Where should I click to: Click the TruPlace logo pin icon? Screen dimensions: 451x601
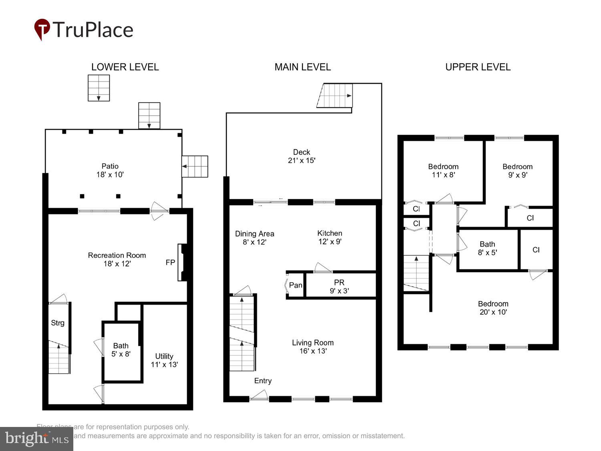click(42, 29)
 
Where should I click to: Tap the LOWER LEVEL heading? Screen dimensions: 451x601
click(125, 67)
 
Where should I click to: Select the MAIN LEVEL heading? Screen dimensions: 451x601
click(303, 67)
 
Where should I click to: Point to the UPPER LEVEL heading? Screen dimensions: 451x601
click(478, 67)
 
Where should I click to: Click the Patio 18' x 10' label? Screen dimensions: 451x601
click(110, 170)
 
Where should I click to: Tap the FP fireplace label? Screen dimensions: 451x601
click(170, 263)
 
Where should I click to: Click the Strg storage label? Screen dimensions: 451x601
click(58, 323)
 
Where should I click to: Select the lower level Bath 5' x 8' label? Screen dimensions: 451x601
click(121, 350)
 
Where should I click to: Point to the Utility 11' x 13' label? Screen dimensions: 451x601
click(164, 360)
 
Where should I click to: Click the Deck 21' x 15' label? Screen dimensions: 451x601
click(302, 156)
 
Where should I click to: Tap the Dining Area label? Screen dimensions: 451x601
click(254, 238)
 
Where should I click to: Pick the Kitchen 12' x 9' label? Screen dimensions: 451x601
click(330, 237)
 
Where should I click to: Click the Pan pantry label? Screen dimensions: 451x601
click(296, 285)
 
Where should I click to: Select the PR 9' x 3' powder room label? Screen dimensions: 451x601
click(339, 287)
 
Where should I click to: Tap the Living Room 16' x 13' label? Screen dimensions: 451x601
click(313, 347)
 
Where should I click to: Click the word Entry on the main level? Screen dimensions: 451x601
click(263, 381)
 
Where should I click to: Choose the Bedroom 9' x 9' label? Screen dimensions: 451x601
click(518, 171)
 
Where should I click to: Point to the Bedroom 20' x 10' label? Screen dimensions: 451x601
click(493, 308)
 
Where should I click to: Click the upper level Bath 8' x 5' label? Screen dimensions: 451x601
click(487, 248)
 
